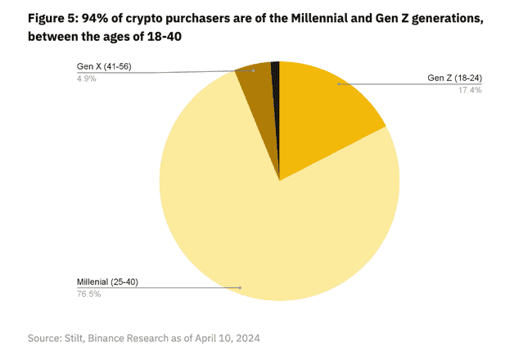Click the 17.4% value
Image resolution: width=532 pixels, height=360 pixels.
(x=470, y=90)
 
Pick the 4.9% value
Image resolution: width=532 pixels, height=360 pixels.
(x=86, y=78)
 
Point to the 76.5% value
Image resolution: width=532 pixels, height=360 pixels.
(x=88, y=294)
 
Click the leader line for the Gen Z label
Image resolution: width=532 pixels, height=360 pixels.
(x=385, y=83)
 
